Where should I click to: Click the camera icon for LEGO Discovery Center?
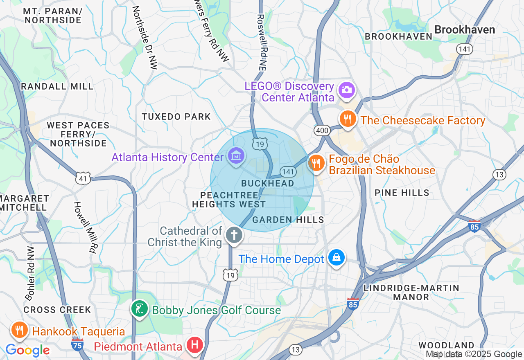pyautogui.click(x=346, y=90)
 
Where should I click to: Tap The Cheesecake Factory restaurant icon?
pyautogui.click(x=348, y=119)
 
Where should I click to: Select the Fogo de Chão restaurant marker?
pyautogui.click(x=316, y=163)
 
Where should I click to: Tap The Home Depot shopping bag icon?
pyautogui.click(x=336, y=258)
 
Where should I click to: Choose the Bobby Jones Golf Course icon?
pyautogui.click(x=140, y=309)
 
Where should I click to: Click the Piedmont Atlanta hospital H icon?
pyautogui.click(x=195, y=345)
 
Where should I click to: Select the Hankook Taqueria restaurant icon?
pyautogui.click(x=19, y=330)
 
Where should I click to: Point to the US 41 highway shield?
pyautogui.click(x=83, y=178)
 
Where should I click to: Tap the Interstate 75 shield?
pyautogui.click(x=77, y=344)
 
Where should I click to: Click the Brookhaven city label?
pyautogui.click(x=465, y=29)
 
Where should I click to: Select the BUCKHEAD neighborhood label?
pyautogui.click(x=268, y=183)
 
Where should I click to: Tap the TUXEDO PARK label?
pyautogui.click(x=176, y=117)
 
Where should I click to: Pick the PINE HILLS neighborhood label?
pyautogui.click(x=402, y=193)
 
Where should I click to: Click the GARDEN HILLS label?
pyautogui.click(x=288, y=220)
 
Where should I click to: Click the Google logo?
pyautogui.click(x=27, y=351)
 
